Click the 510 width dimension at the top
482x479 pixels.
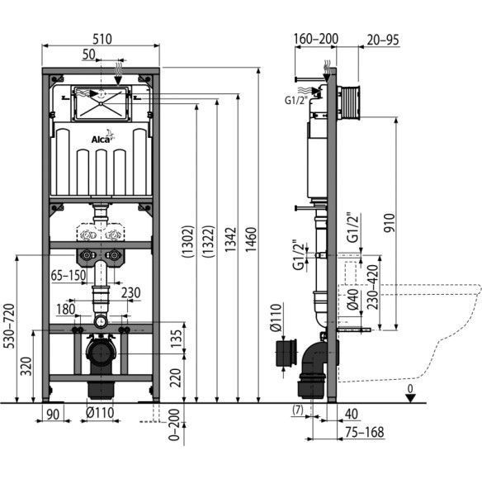coord(102,39)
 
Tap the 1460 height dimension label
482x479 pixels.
coord(251,239)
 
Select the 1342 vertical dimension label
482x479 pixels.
coord(230,239)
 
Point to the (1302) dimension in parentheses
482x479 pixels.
coord(188,241)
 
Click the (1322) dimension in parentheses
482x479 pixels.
coord(208,241)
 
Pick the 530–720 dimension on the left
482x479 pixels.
coord(9,326)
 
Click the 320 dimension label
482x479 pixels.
coord(26,366)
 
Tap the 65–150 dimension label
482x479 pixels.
coord(69,275)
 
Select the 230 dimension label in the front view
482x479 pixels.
coord(130,292)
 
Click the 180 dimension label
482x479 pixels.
coord(66,309)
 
